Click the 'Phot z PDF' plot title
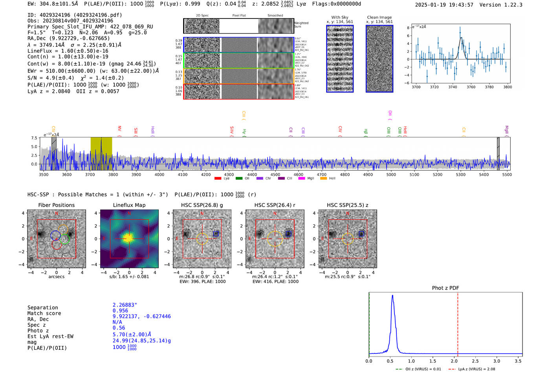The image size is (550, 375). point(445,288)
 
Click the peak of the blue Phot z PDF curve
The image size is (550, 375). point(392,296)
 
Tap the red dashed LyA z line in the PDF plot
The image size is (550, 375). point(458,323)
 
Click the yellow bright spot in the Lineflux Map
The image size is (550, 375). point(129,238)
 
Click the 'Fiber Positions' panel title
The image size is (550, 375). point(56,205)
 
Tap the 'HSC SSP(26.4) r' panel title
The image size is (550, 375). point(275,205)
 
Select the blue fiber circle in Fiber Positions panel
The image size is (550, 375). point(55,235)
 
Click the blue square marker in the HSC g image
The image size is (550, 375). point(216,234)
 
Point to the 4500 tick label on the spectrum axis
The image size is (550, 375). point(275,175)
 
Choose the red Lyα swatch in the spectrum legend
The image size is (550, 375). point(218,179)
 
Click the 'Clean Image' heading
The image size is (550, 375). point(379,17)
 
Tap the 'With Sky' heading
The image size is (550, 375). point(339,17)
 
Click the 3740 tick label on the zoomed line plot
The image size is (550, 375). point(453,87)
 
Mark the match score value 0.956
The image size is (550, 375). point(120,311)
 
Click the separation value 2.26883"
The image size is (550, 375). point(125,305)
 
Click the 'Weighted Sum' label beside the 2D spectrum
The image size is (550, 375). point(301,25)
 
